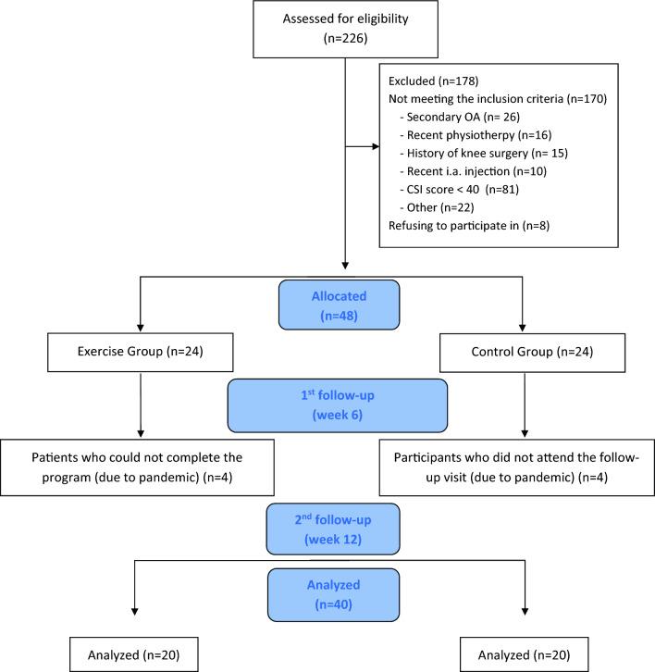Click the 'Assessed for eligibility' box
pos(344,30)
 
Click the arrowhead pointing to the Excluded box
pos(376,145)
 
